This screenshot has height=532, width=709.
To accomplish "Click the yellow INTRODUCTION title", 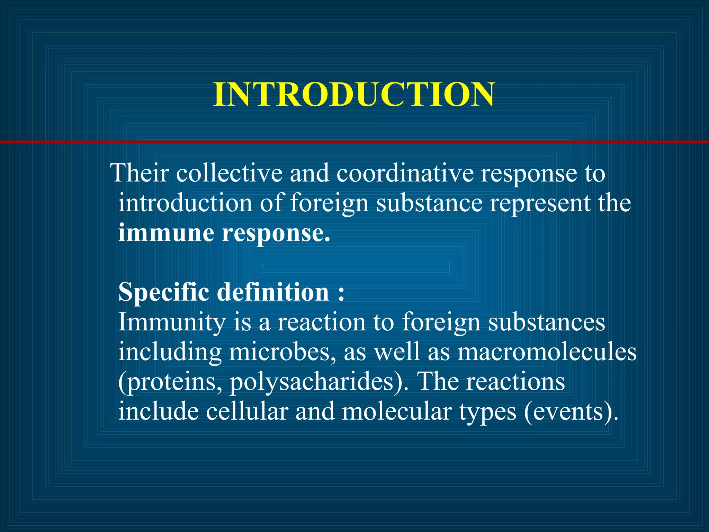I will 354,95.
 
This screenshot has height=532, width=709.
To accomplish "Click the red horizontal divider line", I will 354,142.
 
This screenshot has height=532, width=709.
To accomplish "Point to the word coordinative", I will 405,173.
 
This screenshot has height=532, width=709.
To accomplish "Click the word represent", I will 540,203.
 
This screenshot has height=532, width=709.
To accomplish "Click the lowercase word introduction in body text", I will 185,203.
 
